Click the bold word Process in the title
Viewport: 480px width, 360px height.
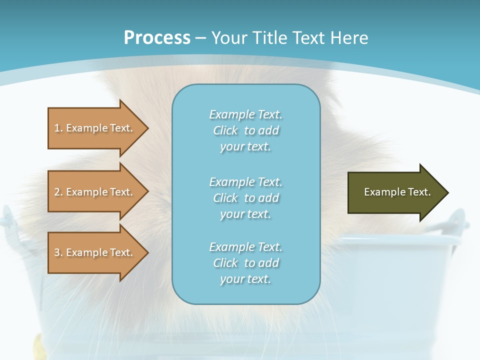coord(157,38)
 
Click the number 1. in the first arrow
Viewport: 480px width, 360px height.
coord(58,128)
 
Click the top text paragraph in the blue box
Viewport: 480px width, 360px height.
coord(245,130)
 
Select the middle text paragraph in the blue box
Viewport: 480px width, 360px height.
coord(245,198)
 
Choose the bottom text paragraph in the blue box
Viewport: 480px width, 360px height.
coord(245,263)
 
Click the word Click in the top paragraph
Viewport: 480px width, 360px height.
coord(225,131)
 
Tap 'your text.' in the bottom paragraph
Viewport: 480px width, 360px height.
coord(245,279)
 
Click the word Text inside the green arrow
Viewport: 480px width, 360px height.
coord(419,192)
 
